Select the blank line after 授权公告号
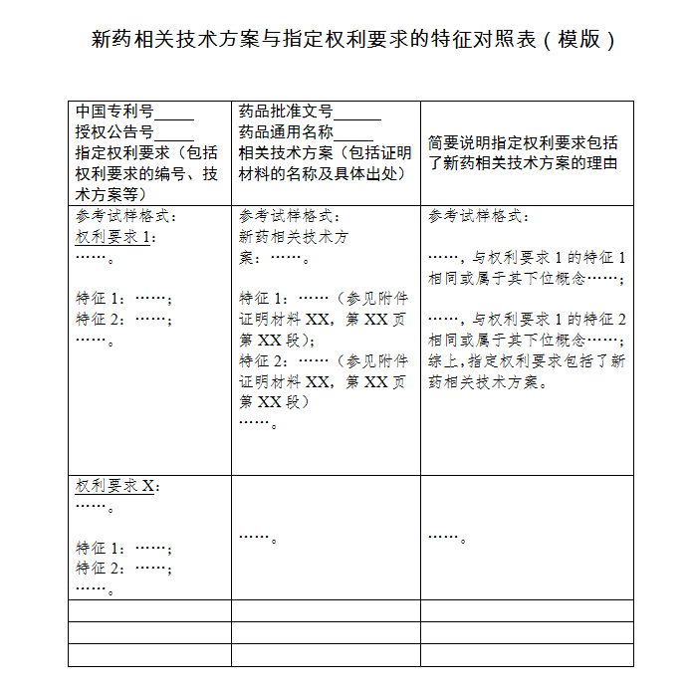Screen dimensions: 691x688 [174, 132]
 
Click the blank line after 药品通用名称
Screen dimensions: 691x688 [353, 132]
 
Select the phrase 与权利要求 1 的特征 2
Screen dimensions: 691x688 [549, 320]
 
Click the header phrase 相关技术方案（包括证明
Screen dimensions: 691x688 [325, 153]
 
